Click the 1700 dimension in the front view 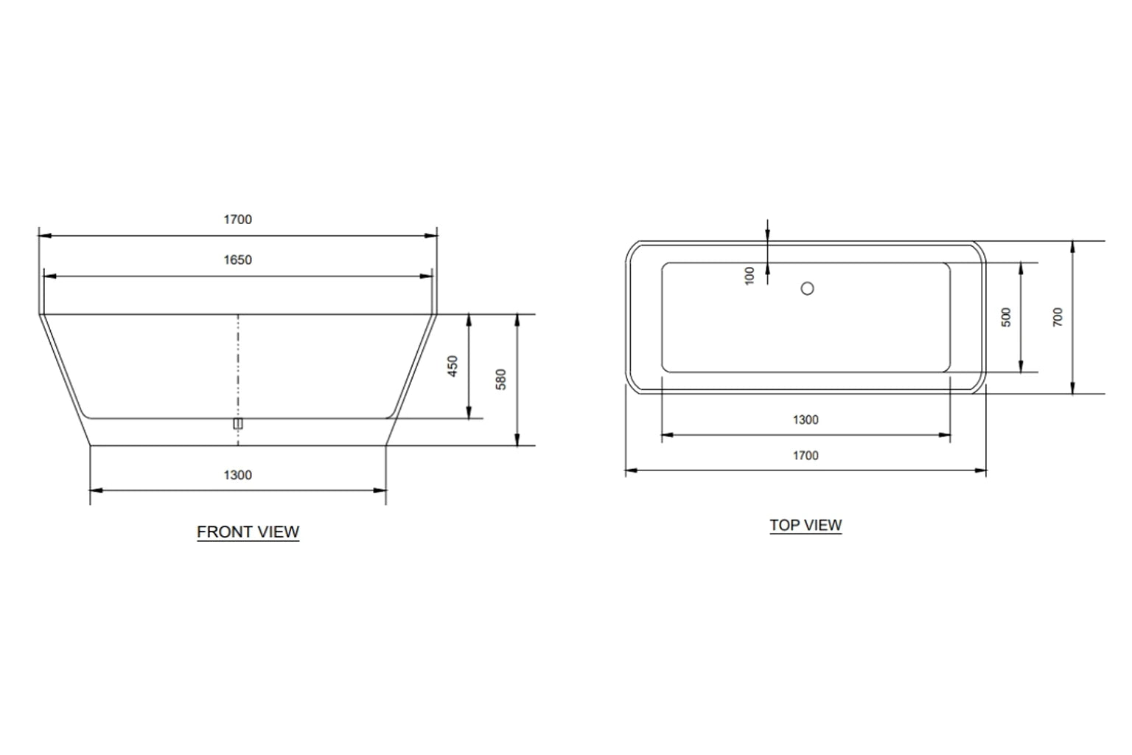[237, 220]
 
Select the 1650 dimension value [237, 260]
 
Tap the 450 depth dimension [453, 366]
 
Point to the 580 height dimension [502, 379]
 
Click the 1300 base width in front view [237, 476]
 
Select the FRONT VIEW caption [248, 532]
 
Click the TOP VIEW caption [806, 526]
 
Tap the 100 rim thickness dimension [750, 276]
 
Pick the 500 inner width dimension [1007, 317]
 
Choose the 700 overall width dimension [1058, 317]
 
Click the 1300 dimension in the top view [806, 420]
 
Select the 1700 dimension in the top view [806, 456]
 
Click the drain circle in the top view [807, 289]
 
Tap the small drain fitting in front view [237, 423]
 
